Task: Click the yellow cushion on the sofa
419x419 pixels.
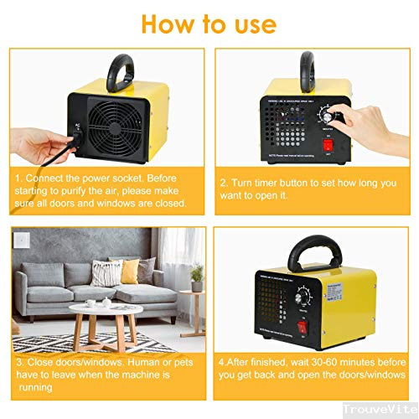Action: pyautogui.click(x=129, y=272)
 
